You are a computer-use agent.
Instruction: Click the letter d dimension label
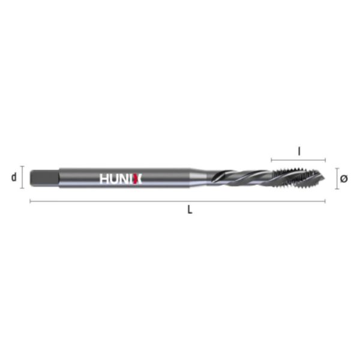(14, 177)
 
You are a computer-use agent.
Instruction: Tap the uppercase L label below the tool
(190, 209)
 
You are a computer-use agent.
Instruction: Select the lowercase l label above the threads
(299, 151)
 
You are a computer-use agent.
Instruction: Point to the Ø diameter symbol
(344, 178)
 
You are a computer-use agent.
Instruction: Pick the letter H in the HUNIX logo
(104, 179)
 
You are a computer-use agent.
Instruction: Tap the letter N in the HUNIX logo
(125, 179)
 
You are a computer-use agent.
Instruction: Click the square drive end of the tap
(44, 178)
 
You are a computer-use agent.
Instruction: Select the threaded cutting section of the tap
(298, 177)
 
